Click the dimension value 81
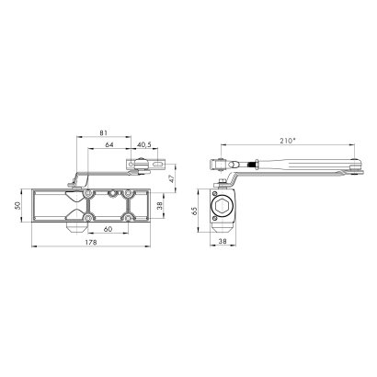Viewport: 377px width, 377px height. pos(104,132)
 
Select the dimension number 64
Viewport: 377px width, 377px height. pos(109,144)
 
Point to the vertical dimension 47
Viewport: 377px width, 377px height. pos(173,178)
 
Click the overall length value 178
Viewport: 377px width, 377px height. pos(91,242)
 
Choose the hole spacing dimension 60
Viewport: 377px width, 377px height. pos(108,229)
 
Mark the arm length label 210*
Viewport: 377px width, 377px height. pos(288,141)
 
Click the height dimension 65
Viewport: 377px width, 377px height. pos(193,211)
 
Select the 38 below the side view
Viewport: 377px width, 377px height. pos(223,241)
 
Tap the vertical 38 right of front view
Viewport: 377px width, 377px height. pos(160,205)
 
